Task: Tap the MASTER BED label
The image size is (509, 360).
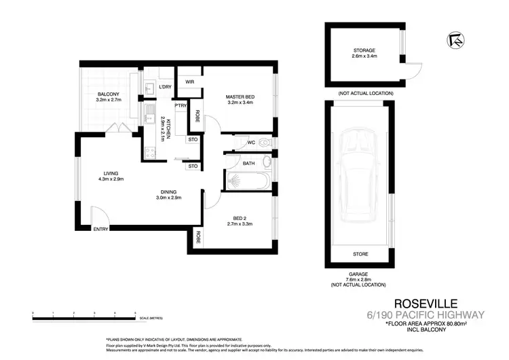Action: point(239,97)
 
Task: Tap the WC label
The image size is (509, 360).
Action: point(250,142)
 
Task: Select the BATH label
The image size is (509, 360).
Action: point(248,163)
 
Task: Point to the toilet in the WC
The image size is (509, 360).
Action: point(265,143)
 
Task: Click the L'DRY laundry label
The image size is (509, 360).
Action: point(164,87)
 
